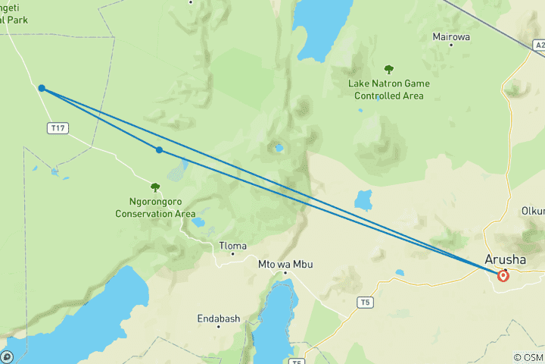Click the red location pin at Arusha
coord(503,276)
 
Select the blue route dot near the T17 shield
coord(42,89)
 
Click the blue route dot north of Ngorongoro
coord(159,150)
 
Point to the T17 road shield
coord(57,128)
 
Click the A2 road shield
coord(539,45)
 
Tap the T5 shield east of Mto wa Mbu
coord(366,303)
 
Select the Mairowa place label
coord(451,36)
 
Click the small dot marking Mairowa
coord(451,45)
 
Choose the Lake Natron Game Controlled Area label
coord(389,89)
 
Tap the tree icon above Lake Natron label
coord(389,70)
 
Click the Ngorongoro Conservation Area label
coord(155,208)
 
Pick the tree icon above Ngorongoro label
coord(155,187)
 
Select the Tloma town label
coord(232,246)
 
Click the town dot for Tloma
coord(232,255)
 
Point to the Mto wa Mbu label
coord(285,264)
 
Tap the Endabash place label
coord(218,318)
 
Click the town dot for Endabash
coord(218,328)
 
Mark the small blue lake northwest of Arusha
coord(364,200)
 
